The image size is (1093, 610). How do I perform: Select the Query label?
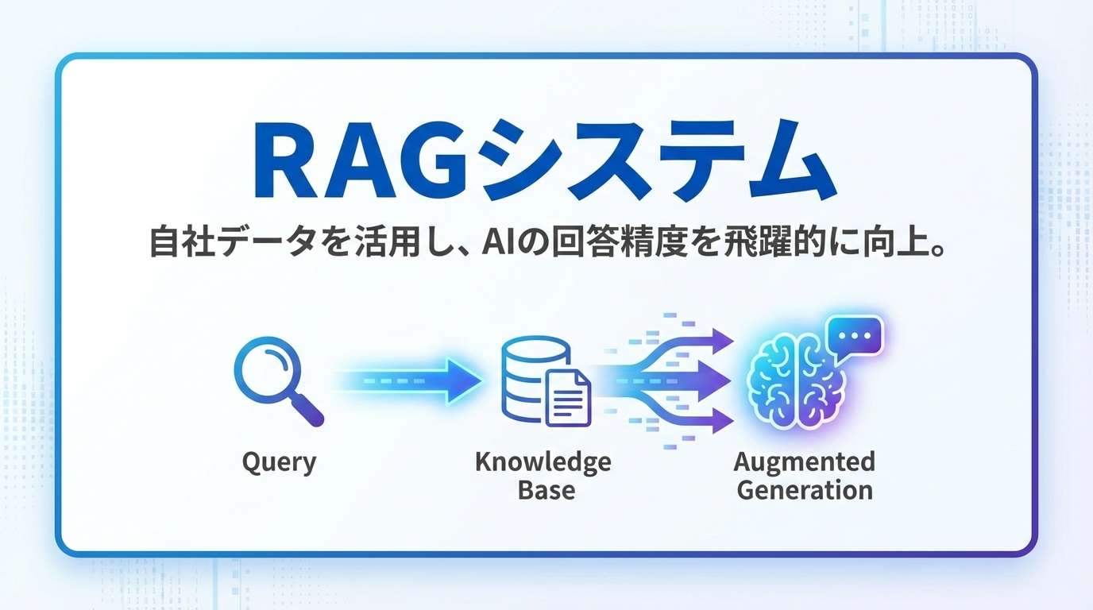[x=279, y=462]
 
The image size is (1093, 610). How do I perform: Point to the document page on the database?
[x=567, y=397]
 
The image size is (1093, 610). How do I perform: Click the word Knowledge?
[x=543, y=462]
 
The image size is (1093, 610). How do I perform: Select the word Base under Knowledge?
[x=546, y=490]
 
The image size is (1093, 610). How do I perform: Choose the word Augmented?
[x=804, y=462]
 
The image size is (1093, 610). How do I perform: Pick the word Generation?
[x=804, y=490]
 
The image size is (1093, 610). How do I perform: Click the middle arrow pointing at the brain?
[x=699, y=380]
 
